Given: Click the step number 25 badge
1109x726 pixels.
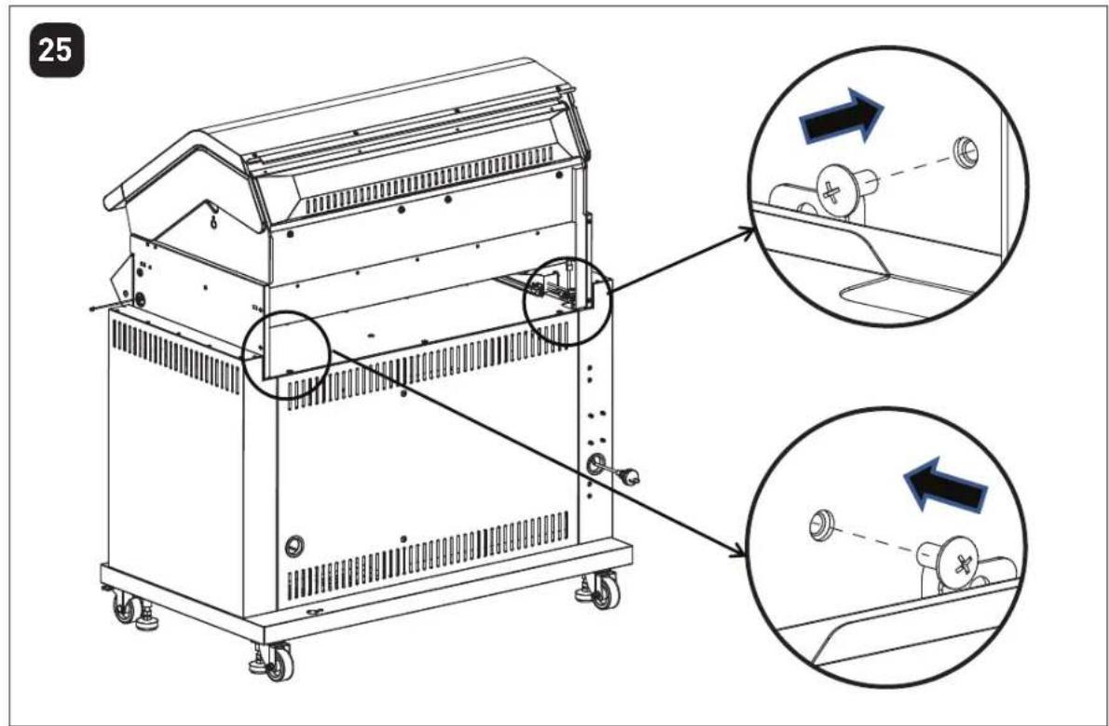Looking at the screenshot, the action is [x=56, y=51].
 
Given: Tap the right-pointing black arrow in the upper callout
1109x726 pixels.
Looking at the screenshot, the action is [x=841, y=117].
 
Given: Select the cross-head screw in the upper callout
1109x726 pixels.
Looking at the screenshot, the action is [x=844, y=189].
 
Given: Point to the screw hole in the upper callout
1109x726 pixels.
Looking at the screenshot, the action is [x=965, y=151].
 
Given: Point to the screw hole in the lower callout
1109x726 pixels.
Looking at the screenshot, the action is [x=820, y=521].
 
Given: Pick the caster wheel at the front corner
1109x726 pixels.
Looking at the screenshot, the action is [x=277, y=663].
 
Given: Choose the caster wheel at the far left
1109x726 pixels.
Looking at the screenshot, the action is [x=125, y=607].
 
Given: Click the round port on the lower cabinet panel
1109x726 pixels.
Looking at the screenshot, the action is [x=294, y=545].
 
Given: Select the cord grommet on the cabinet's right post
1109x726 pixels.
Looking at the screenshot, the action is [x=595, y=465].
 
